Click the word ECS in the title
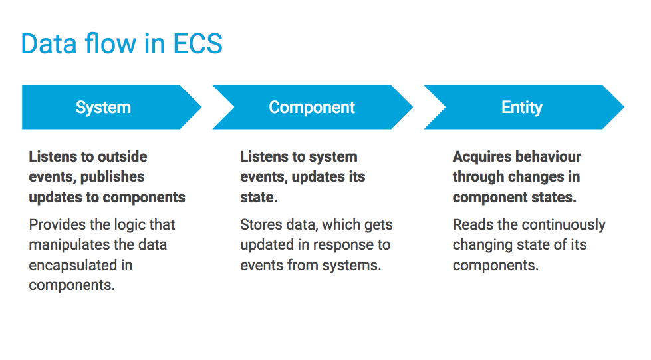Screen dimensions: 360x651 [x=197, y=44]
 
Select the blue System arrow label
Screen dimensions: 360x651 [x=103, y=108]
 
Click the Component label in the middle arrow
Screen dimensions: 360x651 [x=312, y=108]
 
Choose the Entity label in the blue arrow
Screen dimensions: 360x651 [x=521, y=108]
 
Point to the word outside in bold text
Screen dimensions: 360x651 [x=122, y=157]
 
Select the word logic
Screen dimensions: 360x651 [x=137, y=225]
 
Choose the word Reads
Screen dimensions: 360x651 [x=472, y=225]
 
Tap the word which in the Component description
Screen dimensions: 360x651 [x=339, y=225]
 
